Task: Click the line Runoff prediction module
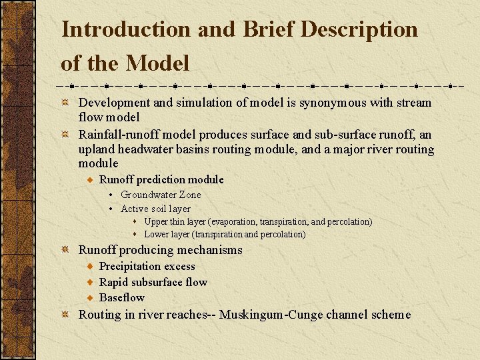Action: point(161,179)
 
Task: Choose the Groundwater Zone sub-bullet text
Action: point(161,195)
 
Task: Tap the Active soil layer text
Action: point(155,209)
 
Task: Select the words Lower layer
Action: point(166,234)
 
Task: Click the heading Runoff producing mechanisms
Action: point(160,250)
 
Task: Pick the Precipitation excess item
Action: point(147,267)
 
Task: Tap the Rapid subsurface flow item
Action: point(153,282)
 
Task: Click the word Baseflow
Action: point(121,297)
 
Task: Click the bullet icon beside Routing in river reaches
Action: point(65,315)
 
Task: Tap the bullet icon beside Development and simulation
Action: point(65,103)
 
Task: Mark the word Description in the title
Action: point(359,29)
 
